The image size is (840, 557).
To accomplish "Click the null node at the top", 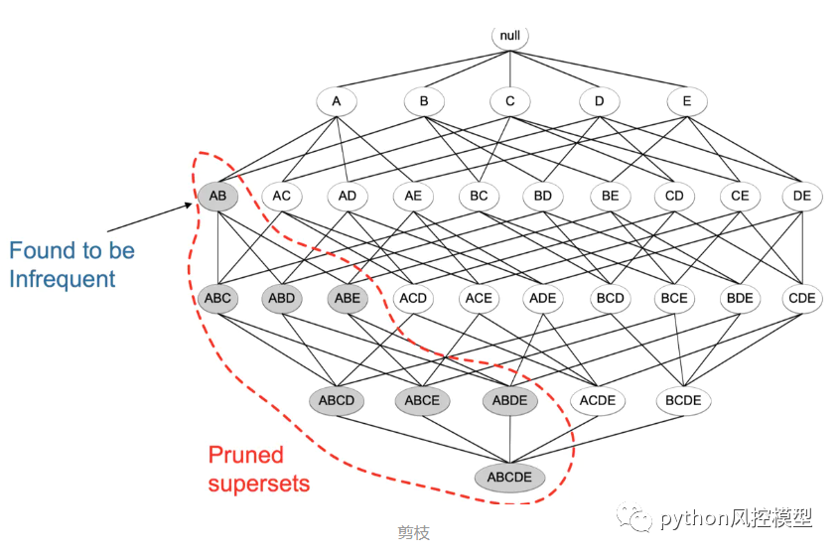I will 510,37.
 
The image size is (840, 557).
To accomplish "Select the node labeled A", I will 337,101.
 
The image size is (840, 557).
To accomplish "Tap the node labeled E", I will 686,101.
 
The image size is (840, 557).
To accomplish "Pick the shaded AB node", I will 217,196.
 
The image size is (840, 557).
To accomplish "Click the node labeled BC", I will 479,196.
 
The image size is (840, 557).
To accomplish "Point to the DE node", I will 802,196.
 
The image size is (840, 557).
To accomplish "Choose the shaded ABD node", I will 282,298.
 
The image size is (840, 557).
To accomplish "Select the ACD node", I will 412,298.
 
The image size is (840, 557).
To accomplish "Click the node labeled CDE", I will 800,298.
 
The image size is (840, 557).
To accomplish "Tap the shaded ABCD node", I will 337,401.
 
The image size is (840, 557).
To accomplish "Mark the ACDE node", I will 598,401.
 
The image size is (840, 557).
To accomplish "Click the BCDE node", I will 683,401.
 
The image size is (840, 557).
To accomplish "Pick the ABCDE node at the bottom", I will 509,478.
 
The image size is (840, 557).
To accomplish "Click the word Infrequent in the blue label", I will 63,279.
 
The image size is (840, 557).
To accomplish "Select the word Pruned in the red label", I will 245,456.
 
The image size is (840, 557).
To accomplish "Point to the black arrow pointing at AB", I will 149,219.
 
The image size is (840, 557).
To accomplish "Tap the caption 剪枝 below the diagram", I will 413,533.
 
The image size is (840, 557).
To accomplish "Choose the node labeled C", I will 510,101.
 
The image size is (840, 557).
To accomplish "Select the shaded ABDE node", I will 510,401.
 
